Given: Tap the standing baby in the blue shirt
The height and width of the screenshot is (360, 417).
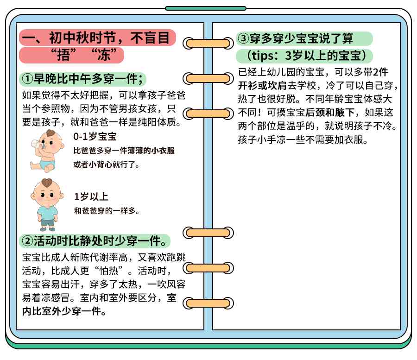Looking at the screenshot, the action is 47,205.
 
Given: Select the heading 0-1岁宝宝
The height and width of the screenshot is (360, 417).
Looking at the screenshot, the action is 95,137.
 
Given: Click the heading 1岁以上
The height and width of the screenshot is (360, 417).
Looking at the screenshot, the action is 91,197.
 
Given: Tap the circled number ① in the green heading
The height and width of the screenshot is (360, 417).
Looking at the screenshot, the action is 27,79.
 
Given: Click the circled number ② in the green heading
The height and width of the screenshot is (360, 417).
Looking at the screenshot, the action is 27,241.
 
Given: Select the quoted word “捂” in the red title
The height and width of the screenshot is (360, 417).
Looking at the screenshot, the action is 63,55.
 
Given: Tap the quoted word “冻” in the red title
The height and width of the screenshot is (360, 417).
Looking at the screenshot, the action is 104,55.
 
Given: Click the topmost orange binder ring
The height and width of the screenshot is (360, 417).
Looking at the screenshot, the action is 208,43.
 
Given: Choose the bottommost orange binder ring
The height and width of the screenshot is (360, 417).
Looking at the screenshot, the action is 208,303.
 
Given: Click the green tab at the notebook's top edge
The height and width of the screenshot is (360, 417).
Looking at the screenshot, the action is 206,8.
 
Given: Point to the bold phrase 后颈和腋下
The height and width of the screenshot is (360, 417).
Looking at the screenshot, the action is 330,113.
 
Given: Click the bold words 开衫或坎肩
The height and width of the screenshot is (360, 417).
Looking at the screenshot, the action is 262,86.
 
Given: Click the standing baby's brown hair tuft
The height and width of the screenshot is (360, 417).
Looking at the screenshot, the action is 47,183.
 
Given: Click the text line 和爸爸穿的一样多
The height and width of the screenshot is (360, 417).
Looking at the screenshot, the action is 107,211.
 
